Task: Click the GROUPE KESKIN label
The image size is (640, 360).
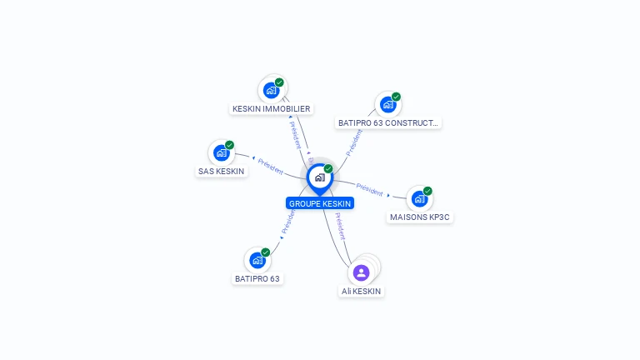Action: coord(320,203)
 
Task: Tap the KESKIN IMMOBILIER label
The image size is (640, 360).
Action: coord(271,108)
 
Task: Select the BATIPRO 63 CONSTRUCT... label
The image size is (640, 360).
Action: coord(387,122)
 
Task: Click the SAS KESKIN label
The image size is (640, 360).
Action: coord(221,171)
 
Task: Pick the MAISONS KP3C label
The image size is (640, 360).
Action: coord(421,217)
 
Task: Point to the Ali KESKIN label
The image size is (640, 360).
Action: coord(361,291)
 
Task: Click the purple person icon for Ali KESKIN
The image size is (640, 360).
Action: coord(361,272)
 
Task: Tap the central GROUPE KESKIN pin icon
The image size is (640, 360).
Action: coord(319,177)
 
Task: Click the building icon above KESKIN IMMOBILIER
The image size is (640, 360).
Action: coord(271,90)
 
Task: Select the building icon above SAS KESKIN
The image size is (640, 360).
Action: coord(221,152)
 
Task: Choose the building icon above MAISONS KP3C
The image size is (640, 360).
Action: coord(419,199)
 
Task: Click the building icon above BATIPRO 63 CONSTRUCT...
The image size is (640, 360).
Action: coord(387,104)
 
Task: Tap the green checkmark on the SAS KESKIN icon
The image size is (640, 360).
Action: coord(230,145)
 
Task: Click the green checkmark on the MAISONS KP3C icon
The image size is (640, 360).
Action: coord(428,191)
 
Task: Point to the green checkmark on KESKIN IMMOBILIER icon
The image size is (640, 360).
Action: coord(280,82)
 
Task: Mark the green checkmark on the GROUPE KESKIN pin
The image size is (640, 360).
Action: coord(328,168)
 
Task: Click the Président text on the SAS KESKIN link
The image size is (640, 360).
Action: coord(270,165)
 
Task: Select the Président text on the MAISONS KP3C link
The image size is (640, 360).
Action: coord(368,188)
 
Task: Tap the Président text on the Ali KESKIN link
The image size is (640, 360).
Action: coord(340,226)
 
